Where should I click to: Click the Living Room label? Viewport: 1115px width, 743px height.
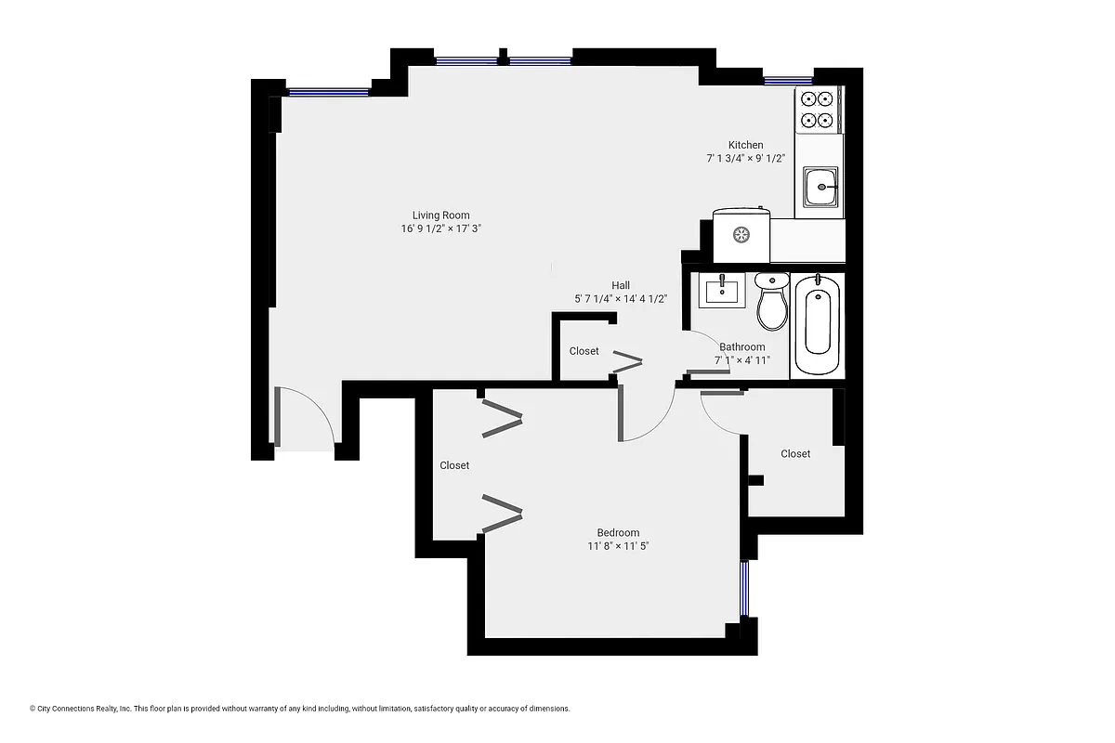pos(440,215)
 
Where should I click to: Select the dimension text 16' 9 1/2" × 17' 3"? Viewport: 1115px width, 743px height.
pos(440,228)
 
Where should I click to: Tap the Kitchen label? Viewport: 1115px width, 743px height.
pos(745,145)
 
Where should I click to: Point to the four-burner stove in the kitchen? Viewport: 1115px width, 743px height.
pos(818,109)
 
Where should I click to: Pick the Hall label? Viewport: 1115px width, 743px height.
pos(621,285)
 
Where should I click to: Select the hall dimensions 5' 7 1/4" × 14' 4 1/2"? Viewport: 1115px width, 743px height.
pos(621,298)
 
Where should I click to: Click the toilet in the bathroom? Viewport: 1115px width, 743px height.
pos(771,303)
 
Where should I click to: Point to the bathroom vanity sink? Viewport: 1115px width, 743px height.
pos(722,291)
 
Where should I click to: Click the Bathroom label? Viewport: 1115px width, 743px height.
pos(741,347)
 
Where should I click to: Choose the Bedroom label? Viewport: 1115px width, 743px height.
pos(618,533)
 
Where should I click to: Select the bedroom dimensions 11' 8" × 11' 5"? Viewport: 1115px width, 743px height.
pos(618,546)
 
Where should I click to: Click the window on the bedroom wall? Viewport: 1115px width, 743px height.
pos(743,588)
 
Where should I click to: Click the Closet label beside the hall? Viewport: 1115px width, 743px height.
pos(584,351)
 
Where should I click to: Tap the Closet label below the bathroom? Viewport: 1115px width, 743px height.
pos(795,454)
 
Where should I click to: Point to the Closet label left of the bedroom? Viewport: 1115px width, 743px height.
pos(454,465)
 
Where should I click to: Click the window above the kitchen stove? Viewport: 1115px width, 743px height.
pos(788,81)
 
